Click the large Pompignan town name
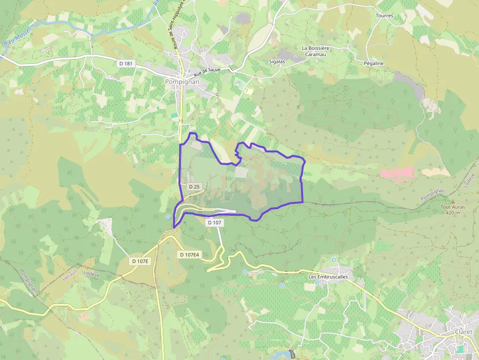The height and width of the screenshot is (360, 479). point(182,82)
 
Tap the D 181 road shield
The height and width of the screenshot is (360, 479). point(126,64)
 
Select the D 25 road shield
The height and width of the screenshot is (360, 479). point(194,187)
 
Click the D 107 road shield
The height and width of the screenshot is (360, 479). point(215,222)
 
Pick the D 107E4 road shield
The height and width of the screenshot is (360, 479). point(189,254)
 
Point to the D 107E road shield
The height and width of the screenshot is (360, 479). point(140,261)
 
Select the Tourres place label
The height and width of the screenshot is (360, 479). point(384,16)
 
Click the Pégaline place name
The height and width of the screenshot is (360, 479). point(374,64)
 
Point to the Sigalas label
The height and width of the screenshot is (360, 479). point(277,62)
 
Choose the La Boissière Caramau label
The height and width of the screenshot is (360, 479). point(315,51)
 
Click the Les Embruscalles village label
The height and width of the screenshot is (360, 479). point(328,277)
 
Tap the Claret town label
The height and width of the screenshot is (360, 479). point(463,332)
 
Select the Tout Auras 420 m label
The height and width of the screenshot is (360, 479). point(453,210)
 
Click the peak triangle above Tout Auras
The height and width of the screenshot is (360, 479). point(453,201)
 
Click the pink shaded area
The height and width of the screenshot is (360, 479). point(399,173)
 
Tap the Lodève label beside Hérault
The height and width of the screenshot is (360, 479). point(91,275)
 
